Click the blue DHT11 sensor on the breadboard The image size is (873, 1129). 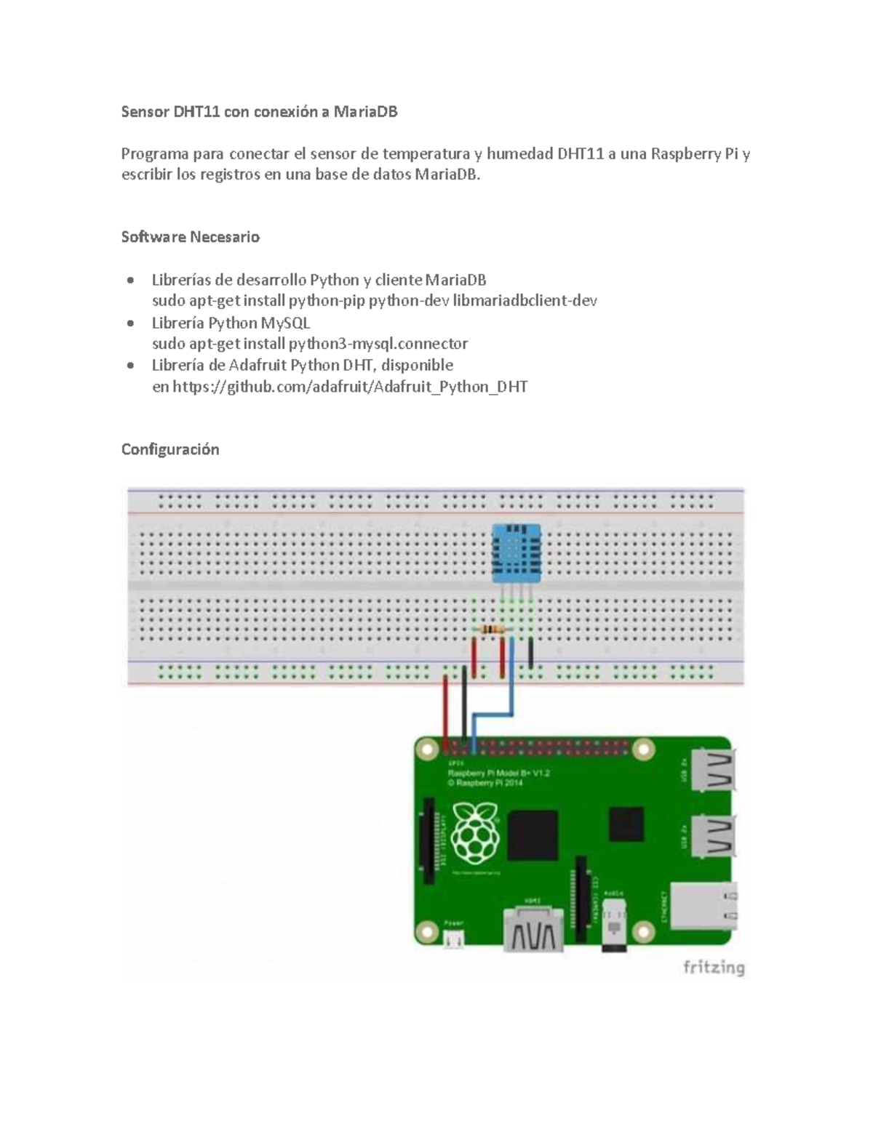(x=516, y=553)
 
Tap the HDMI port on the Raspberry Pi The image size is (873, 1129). (x=533, y=928)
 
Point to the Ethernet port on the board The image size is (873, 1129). (x=703, y=905)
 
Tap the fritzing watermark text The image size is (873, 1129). (x=713, y=968)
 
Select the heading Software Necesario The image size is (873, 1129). (x=190, y=237)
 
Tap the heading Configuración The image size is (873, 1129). (x=170, y=449)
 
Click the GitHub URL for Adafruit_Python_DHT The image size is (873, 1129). (x=350, y=387)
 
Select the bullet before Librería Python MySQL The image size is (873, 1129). (x=130, y=324)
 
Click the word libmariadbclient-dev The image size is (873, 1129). (x=525, y=301)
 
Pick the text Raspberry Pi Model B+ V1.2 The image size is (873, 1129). (x=498, y=774)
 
